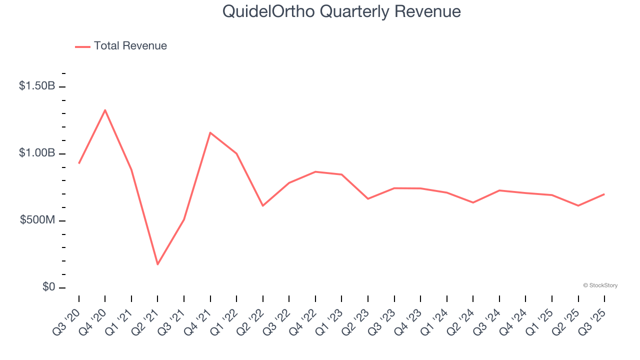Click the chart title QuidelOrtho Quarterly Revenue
[x=341, y=11]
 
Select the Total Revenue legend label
[x=130, y=46]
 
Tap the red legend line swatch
[x=82, y=46]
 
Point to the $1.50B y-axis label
[x=37, y=86]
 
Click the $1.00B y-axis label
[x=37, y=153]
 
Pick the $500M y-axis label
[x=37, y=220]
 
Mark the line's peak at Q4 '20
[x=105, y=110]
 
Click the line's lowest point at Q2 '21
[x=157, y=264]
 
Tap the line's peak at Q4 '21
[x=210, y=132]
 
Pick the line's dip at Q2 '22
[x=262, y=205]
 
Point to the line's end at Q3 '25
[x=604, y=194]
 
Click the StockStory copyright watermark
[x=600, y=285]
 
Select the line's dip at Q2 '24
[x=473, y=202]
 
